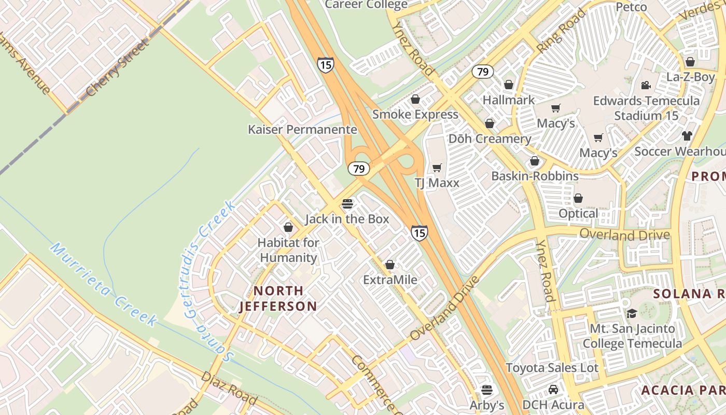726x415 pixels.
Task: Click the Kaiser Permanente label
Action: click(302, 130)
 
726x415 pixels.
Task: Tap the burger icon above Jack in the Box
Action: click(347, 204)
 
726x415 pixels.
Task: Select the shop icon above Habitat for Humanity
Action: click(288, 227)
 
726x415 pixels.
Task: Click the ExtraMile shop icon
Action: click(390, 265)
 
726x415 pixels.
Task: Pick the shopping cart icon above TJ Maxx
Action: click(437, 168)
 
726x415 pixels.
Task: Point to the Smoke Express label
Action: click(415, 115)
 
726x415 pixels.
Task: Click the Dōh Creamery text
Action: click(490, 139)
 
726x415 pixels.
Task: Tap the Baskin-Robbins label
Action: click(535, 176)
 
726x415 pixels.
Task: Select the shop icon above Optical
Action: click(578, 198)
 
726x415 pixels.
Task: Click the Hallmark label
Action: click(508, 100)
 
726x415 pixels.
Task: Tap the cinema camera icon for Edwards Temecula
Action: click(646, 85)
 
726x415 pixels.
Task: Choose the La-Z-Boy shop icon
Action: click(690, 62)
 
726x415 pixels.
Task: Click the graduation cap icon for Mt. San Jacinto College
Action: click(632, 313)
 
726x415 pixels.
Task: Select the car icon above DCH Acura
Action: click(553, 390)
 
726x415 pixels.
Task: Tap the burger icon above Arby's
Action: click(486, 390)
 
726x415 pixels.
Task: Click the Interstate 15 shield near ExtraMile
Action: click(419, 233)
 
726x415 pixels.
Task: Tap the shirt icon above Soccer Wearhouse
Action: click(687, 136)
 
